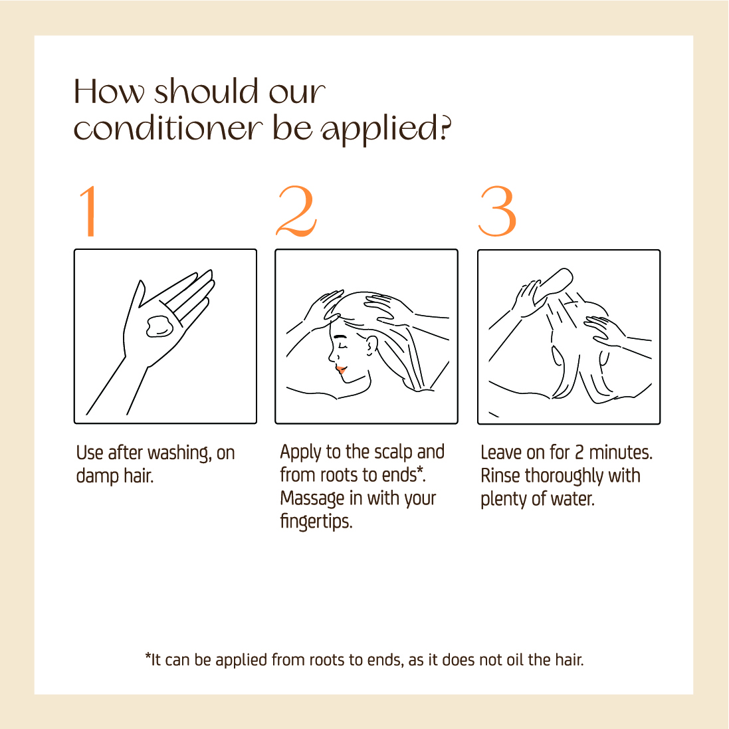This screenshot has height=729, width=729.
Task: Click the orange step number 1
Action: click(x=89, y=211)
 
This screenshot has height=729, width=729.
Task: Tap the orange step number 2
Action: click(x=296, y=211)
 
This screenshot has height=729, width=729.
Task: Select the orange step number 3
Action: click(x=498, y=211)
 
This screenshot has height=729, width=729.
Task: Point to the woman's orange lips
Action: click(x=341, y=369)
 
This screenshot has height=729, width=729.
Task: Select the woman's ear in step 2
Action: click(x=371, y=346)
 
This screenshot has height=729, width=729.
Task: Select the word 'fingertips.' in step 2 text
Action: click(x=316, y=521)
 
